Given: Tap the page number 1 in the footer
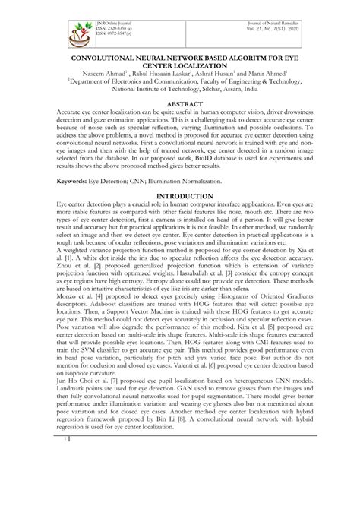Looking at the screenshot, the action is tap(67, 480).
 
